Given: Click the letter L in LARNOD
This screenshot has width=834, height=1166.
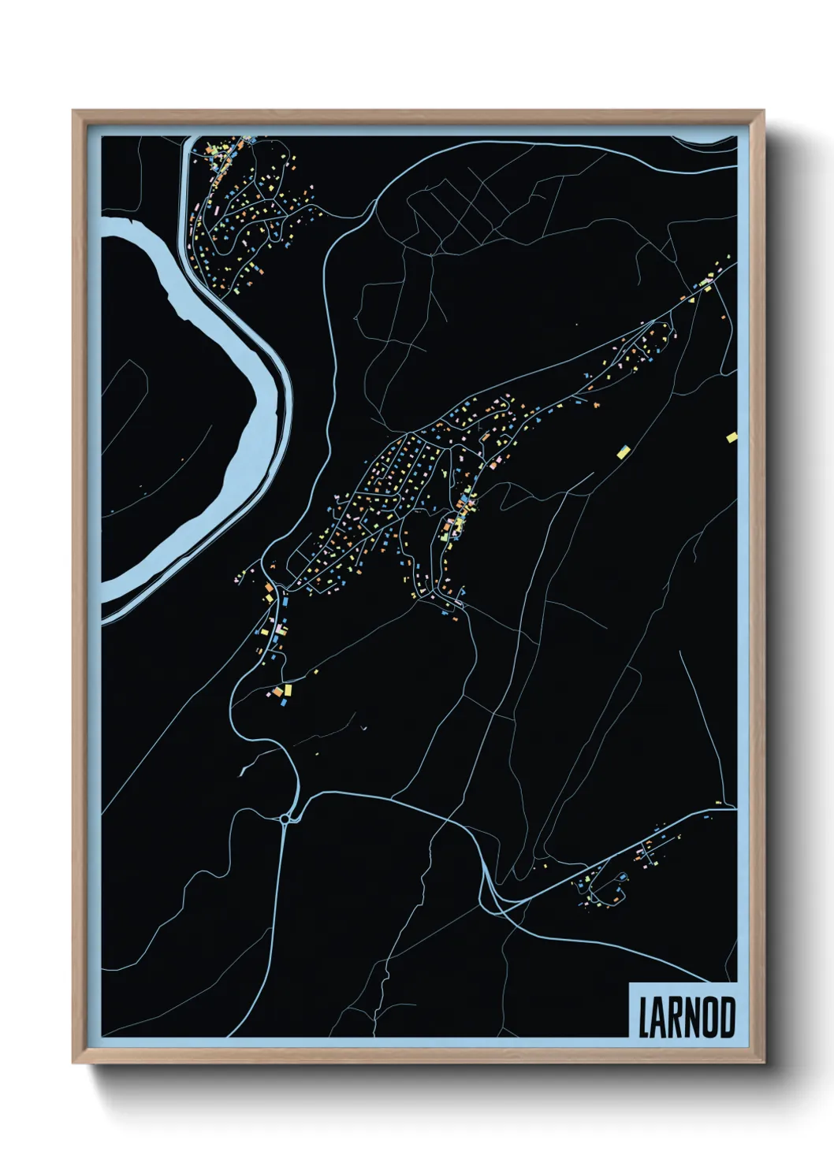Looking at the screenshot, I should click(643, 1017).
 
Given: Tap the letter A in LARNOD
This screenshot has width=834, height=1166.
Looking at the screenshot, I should click(659, 1017).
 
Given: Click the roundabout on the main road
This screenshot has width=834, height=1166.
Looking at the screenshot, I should click(285, 819).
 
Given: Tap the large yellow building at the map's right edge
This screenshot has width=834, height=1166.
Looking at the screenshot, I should click(732, 437).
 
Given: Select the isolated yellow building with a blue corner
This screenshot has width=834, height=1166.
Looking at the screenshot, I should click(623, 451).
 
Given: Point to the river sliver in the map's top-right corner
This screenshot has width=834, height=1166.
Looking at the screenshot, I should click(709, 141).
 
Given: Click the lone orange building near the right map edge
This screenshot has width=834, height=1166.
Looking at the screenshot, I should click(724, 317).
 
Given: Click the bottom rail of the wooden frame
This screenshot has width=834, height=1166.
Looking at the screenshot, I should click(418, 1060).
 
